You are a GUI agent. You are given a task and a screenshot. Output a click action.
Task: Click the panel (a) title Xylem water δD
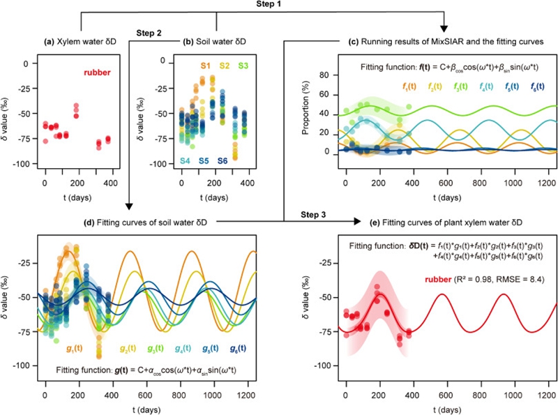tap(80, 43)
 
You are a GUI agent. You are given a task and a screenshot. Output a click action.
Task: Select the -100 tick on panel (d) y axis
tap(23, 365)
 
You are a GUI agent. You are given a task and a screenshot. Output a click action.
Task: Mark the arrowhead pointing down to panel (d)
tap(128, 207)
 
